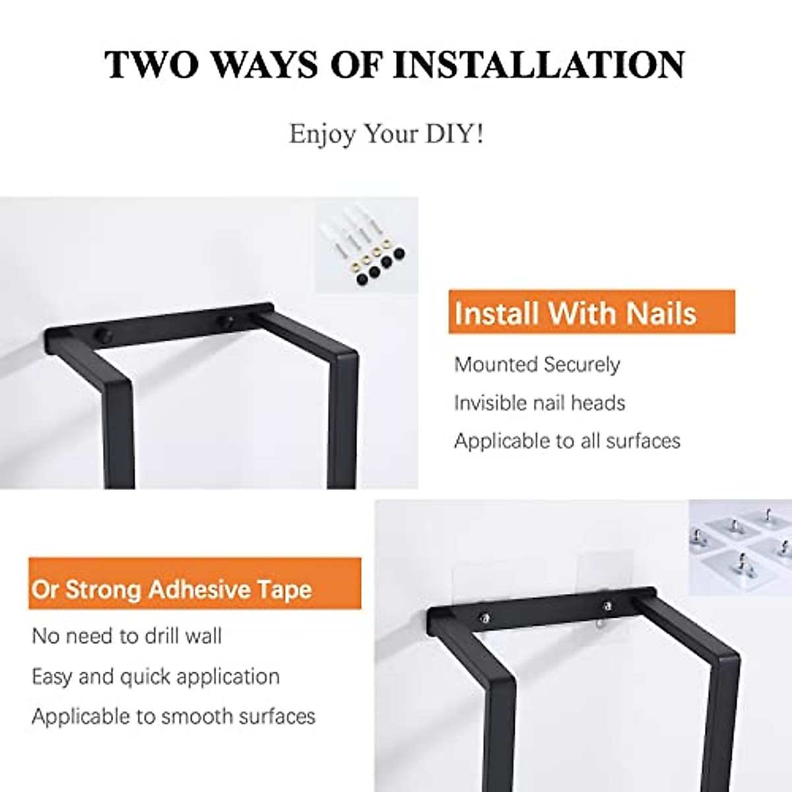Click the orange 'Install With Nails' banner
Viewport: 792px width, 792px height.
coord(591,312)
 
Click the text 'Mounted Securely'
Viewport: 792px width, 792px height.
coord(537,364)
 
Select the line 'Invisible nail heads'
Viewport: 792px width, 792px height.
coord(539,403)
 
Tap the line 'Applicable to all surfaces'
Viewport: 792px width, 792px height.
coord(567,440)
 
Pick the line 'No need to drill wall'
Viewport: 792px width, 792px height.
coord(127,636)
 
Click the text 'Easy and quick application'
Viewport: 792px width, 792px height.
coord(156,676)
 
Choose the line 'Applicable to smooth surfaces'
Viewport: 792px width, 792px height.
coord(174,716)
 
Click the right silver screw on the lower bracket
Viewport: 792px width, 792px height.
coord(608,605)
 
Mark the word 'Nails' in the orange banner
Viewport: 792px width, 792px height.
coord(662,313)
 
